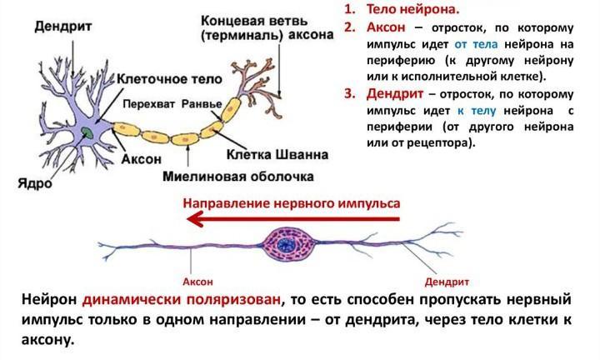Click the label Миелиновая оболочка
click(x=251, y=177)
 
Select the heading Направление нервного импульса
click(x=292, y=202)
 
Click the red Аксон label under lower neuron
click(x=197, y=281)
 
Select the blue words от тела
click(x=477, y=44)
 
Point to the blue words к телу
click(x=477, y=112)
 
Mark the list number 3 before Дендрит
click(x=349, y=94)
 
